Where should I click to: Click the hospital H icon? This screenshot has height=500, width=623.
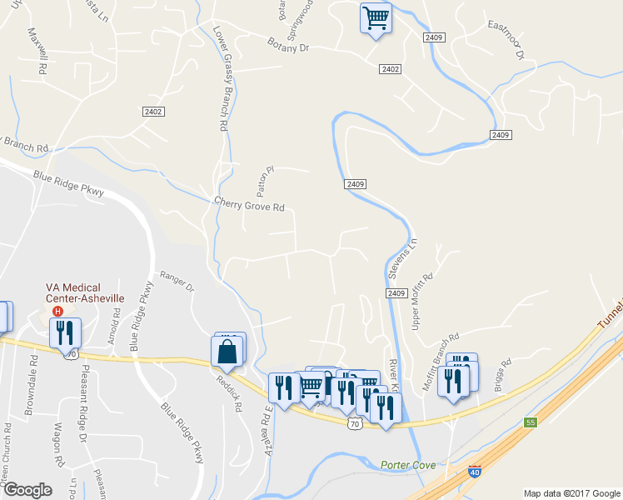tap(57, 312)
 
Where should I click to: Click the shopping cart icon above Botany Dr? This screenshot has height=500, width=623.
tap(376, 17)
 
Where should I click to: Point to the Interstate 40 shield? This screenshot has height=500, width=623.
tap(475, 471)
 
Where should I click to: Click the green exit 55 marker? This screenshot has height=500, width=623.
tap(530, 422)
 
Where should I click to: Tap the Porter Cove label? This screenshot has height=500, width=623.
tap(408, 464)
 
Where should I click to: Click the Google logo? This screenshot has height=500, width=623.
tap(28, 490)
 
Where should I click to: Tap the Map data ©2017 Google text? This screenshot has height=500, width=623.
tap(571, 493)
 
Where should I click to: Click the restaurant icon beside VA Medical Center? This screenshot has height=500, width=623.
tap(64, 332)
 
